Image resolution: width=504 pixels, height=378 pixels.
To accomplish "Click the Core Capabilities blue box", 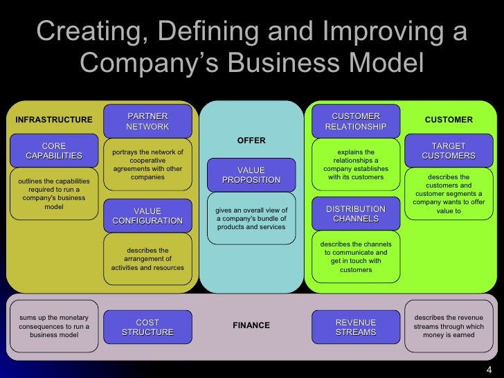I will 53,151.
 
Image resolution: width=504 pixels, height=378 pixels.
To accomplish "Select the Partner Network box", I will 147,121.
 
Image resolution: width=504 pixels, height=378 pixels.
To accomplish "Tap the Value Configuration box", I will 147,215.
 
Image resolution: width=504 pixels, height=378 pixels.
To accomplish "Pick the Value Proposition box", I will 251,175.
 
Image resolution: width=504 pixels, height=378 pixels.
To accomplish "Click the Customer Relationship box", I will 356,121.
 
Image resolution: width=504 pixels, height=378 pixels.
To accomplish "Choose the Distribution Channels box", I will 356,213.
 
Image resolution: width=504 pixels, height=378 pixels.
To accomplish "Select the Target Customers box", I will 449,151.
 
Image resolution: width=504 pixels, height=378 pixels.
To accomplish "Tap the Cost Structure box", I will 147,327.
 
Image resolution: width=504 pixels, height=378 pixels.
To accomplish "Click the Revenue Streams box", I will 356,327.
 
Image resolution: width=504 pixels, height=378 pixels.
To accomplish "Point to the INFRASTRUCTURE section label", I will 53,120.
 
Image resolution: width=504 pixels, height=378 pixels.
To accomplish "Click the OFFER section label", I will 251,141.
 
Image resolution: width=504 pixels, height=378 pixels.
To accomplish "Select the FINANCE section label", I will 251,325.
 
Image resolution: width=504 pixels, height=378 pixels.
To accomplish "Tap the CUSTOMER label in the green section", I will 449,120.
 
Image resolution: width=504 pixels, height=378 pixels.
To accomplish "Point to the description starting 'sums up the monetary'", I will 54,326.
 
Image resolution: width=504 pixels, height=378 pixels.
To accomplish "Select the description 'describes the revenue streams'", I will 449,326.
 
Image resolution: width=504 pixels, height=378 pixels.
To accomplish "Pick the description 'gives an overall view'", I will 251,219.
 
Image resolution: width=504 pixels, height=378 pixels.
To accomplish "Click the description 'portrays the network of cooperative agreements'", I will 147,165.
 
